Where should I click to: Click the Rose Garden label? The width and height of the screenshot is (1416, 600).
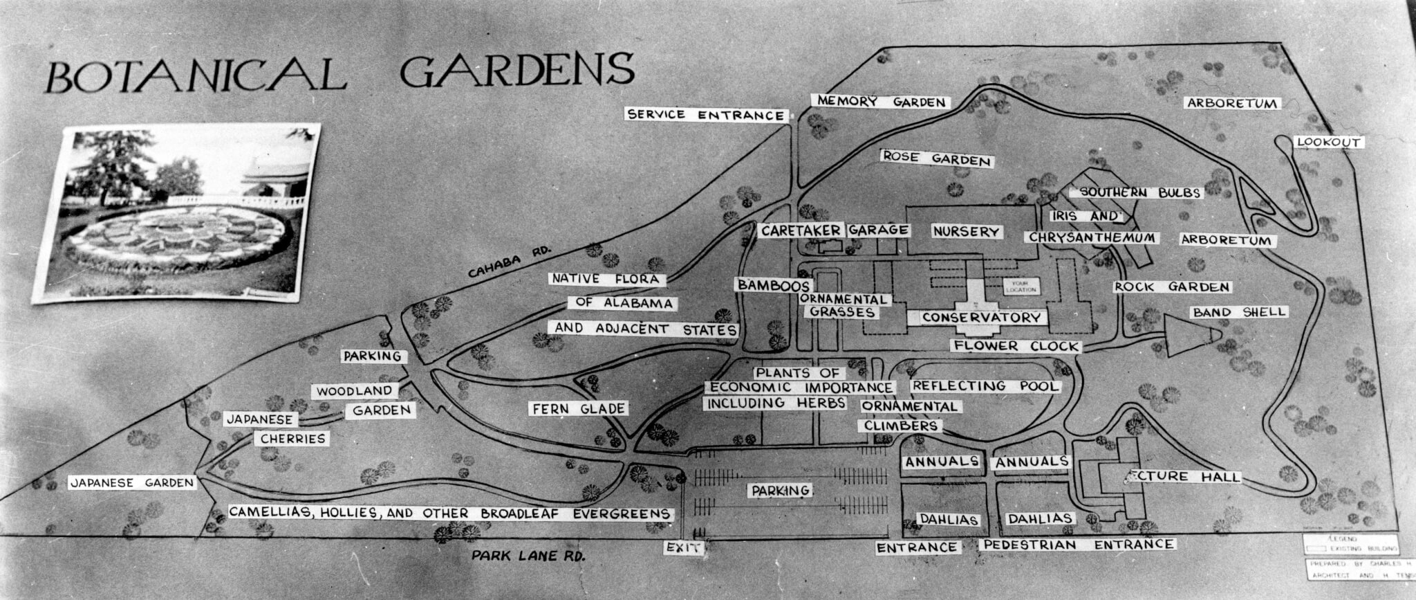pos(937,159)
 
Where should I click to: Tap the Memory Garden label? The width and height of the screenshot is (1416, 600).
pos(880,102)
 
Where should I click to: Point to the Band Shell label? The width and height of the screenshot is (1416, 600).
pos(1239,312)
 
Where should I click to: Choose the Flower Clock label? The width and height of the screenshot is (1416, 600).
pos(1015,346)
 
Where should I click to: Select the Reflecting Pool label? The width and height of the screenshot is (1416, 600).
pos(985,386)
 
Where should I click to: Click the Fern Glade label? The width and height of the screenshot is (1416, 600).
pos(579,409)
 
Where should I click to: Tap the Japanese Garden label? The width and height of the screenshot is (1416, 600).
pos(133,483)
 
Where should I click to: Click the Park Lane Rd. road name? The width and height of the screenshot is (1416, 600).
pos(528,556)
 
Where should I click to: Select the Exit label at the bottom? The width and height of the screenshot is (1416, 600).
pos(684,548)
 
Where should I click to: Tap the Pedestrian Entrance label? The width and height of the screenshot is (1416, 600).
pos(1078,545)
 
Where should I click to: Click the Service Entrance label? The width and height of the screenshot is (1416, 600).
pos(706,115)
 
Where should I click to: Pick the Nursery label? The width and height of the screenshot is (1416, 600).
pos(965,231)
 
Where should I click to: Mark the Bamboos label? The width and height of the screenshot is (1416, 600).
pos(772,285)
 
